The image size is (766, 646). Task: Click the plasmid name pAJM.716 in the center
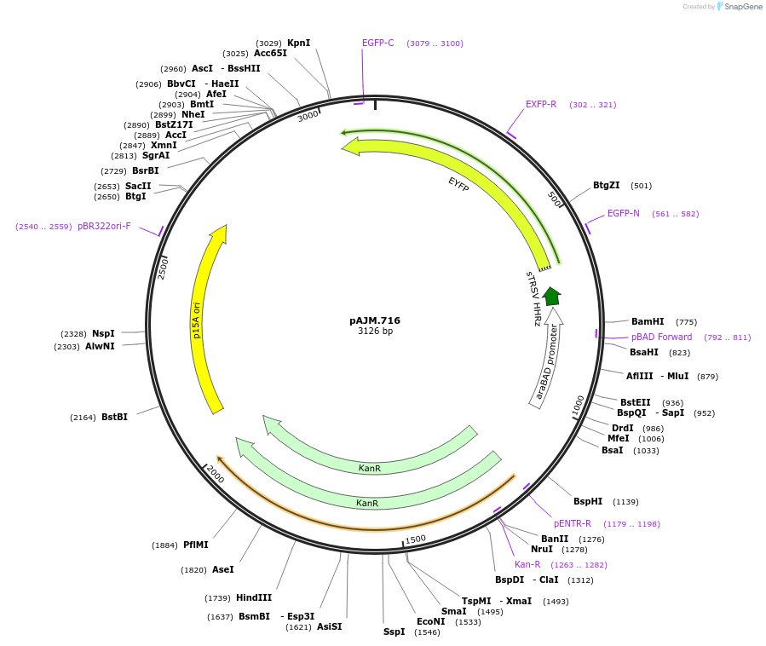[375, 320]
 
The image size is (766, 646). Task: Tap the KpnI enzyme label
[298, 43]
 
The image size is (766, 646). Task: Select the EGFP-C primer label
[377, 43]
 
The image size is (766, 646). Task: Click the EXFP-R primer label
[540, 104]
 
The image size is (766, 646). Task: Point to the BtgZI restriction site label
[608, 185]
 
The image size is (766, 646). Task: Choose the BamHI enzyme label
[647, 321]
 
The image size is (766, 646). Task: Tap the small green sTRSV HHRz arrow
[551, 296]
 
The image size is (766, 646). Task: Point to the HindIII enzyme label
[253, 597]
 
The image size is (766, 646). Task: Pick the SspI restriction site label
[394, 632]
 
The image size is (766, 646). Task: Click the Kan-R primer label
[527, 564]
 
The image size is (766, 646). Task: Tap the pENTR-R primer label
[572, 523]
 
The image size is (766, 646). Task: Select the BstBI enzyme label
[114, 417]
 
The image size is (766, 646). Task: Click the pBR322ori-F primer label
[104, 226]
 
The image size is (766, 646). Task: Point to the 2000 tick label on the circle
[215, 475]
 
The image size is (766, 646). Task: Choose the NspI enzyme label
[103, 333]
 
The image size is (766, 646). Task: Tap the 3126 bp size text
[375, 332]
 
